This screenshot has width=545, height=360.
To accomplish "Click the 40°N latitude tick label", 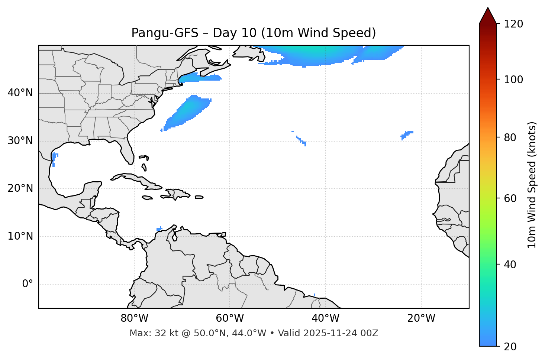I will tap(20, 93).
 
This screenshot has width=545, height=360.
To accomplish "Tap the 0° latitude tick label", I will tap(28, 284).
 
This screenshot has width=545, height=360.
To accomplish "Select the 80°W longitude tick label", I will tap(134, 318).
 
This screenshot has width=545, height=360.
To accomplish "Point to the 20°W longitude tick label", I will tap(421, 318).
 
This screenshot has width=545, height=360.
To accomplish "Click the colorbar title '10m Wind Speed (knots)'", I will tap(532, 185).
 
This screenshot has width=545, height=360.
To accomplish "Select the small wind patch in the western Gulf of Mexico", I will tap(54, 158).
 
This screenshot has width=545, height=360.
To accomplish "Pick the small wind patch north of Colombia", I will tap(159, 228).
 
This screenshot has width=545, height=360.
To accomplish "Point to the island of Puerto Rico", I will tap(199, 197).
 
